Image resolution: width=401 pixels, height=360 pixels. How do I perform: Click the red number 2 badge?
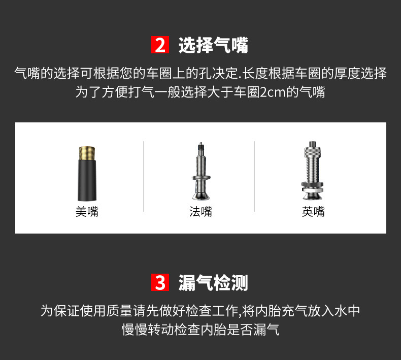point(160,45)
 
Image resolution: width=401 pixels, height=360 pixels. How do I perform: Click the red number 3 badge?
point(160,282)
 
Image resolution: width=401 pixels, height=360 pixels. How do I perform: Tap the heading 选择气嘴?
point(213,45)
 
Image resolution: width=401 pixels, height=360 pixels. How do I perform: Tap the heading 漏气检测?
point(213,282)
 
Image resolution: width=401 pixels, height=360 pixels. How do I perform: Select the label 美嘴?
point(87,212)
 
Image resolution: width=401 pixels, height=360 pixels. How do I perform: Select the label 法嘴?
point(201,212)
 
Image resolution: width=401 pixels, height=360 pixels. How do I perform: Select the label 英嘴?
point(313,212)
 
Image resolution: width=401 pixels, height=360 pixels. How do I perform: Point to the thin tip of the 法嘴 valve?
point(201,147)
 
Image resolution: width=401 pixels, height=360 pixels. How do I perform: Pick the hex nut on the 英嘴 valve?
point(313,183)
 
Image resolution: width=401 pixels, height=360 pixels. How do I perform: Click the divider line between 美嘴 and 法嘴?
point(144,176)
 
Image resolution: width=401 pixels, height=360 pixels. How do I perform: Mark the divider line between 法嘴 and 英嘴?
point(255,176)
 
